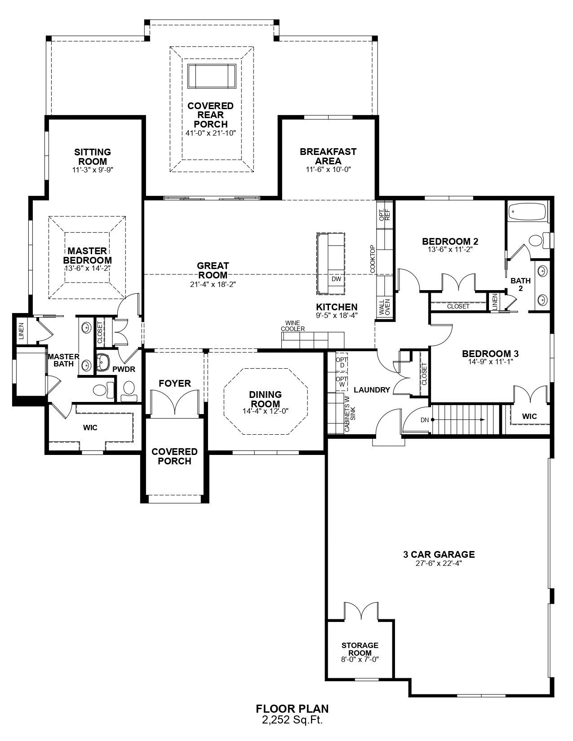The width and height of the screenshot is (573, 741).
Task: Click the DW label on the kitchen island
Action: (336, 279)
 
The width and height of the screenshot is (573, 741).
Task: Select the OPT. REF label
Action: (385, 215)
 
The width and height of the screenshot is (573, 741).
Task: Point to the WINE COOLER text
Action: (293, 326)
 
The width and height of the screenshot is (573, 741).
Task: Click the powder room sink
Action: (103, 362)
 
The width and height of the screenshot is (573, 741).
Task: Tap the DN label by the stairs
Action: (425, 420)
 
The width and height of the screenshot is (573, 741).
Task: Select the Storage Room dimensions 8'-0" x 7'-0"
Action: (360, 660)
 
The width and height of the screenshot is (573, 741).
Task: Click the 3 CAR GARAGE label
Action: (439, 555)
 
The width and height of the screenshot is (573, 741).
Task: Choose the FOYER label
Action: (175, 383)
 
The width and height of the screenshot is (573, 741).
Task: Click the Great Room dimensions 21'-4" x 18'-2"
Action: (213, 284)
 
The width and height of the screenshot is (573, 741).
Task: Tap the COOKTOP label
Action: (372, 259)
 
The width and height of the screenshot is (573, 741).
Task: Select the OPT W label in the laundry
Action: (342, 382)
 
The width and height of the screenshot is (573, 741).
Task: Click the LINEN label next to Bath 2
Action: (495, 301)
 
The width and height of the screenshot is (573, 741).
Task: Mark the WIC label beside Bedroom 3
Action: (529, 416)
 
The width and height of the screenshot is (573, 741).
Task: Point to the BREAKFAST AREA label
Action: (329, 156)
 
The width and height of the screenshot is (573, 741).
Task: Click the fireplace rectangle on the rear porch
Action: (212, 76)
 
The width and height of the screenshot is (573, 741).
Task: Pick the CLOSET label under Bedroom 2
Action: (458, 306)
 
